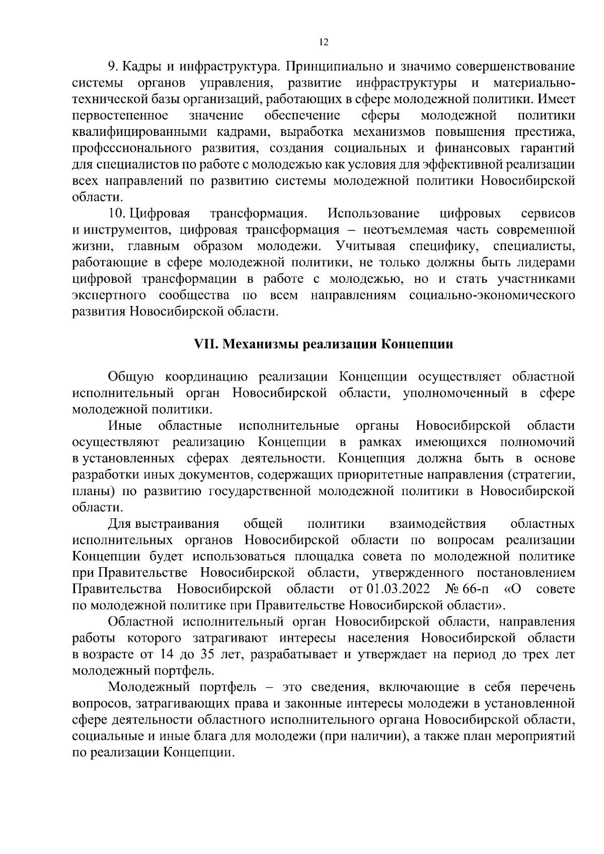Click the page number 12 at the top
[x=324, y=43]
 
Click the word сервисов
[x=548, y=214]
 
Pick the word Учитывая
[x=365, y=247]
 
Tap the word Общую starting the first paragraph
[x=129, y=377]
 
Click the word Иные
[x=125, y=426]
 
